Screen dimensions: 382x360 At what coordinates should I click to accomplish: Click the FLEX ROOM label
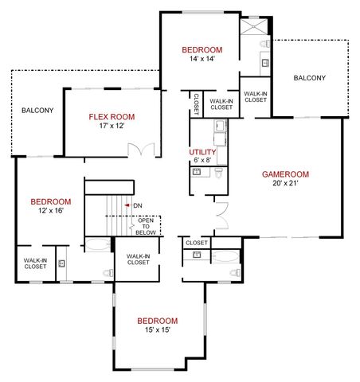pyautogui.click(x=106, y=117)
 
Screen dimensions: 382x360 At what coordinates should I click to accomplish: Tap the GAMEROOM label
pyautogui.click(x=285, y=174)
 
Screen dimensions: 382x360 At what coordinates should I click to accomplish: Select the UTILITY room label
pyautogui.click(x=202, y=152)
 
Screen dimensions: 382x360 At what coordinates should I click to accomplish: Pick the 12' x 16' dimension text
pyautogui.click(x=50, y=211)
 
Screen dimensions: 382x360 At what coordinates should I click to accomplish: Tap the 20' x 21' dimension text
pyautogui.click(x=284, y=183)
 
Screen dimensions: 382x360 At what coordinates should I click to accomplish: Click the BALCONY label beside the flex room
pyautogui.click(x=37, y=110)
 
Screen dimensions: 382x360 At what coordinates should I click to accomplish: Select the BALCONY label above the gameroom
pyautogui.click(x=309, y=77)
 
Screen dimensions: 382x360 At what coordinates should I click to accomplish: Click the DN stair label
pyautogui.click(x=138, y=206)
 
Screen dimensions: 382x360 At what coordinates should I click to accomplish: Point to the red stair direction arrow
pyautogui.click(x=127, y=206)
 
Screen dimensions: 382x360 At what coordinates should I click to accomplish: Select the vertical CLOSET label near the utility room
pyautogui.click(x=196, y=103)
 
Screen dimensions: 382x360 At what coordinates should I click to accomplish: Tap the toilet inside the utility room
pyautogui.click(x=217, y=181)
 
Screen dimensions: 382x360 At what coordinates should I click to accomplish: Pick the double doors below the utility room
pyautogui.click(x=221, y=213)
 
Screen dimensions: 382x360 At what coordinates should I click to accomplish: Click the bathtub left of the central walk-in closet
pyautogui.click(x=100, y=246)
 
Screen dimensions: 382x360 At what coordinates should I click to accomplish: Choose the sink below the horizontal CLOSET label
pyautogui.click(x=197, y=255)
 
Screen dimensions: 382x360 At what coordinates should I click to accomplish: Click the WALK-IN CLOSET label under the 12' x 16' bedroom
pyautogui.click(x=34, y=263)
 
